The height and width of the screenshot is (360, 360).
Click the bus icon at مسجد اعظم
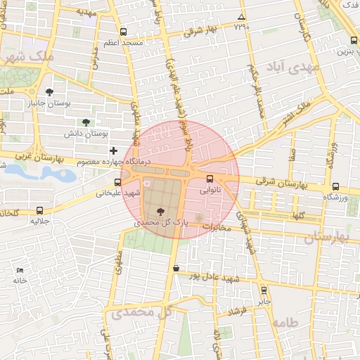124,32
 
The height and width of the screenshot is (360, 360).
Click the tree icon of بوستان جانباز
49,92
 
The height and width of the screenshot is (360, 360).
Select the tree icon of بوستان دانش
86,122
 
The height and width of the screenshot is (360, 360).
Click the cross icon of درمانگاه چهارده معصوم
114,150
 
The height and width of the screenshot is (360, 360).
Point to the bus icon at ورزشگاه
335,187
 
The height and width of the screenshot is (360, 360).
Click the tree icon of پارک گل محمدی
162,210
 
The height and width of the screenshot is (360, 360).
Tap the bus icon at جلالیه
39,210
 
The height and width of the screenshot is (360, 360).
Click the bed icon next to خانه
20,270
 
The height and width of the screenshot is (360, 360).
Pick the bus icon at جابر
264,290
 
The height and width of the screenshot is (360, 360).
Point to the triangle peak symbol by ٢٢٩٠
242,17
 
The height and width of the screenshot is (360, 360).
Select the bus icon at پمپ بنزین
352,40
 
